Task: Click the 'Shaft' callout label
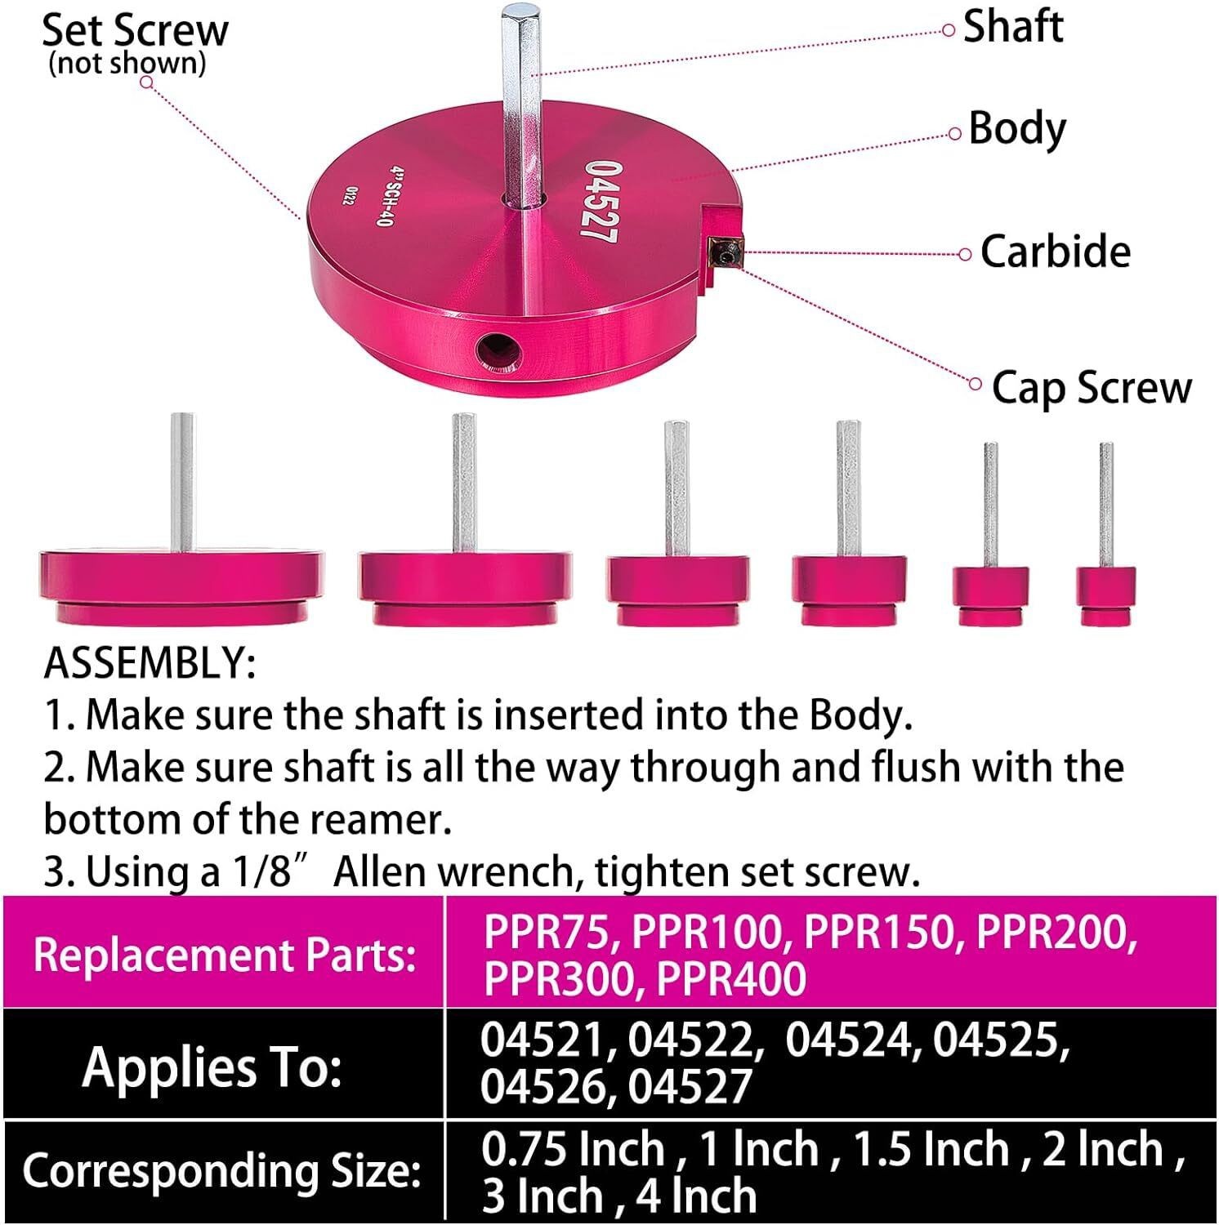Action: point(1012,27)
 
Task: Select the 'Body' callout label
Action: point(1017,129)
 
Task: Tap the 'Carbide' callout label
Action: point(1055,252)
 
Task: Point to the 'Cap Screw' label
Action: point(1091,387)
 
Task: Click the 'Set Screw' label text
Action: point(135,31)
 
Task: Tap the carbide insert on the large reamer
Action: point(726,251)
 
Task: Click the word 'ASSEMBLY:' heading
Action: point(150,663)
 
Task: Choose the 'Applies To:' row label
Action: point(212,1067)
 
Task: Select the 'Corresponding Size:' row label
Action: point(221,1172)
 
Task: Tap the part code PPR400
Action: point(730,978)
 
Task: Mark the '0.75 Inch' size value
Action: point(573,1149)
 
